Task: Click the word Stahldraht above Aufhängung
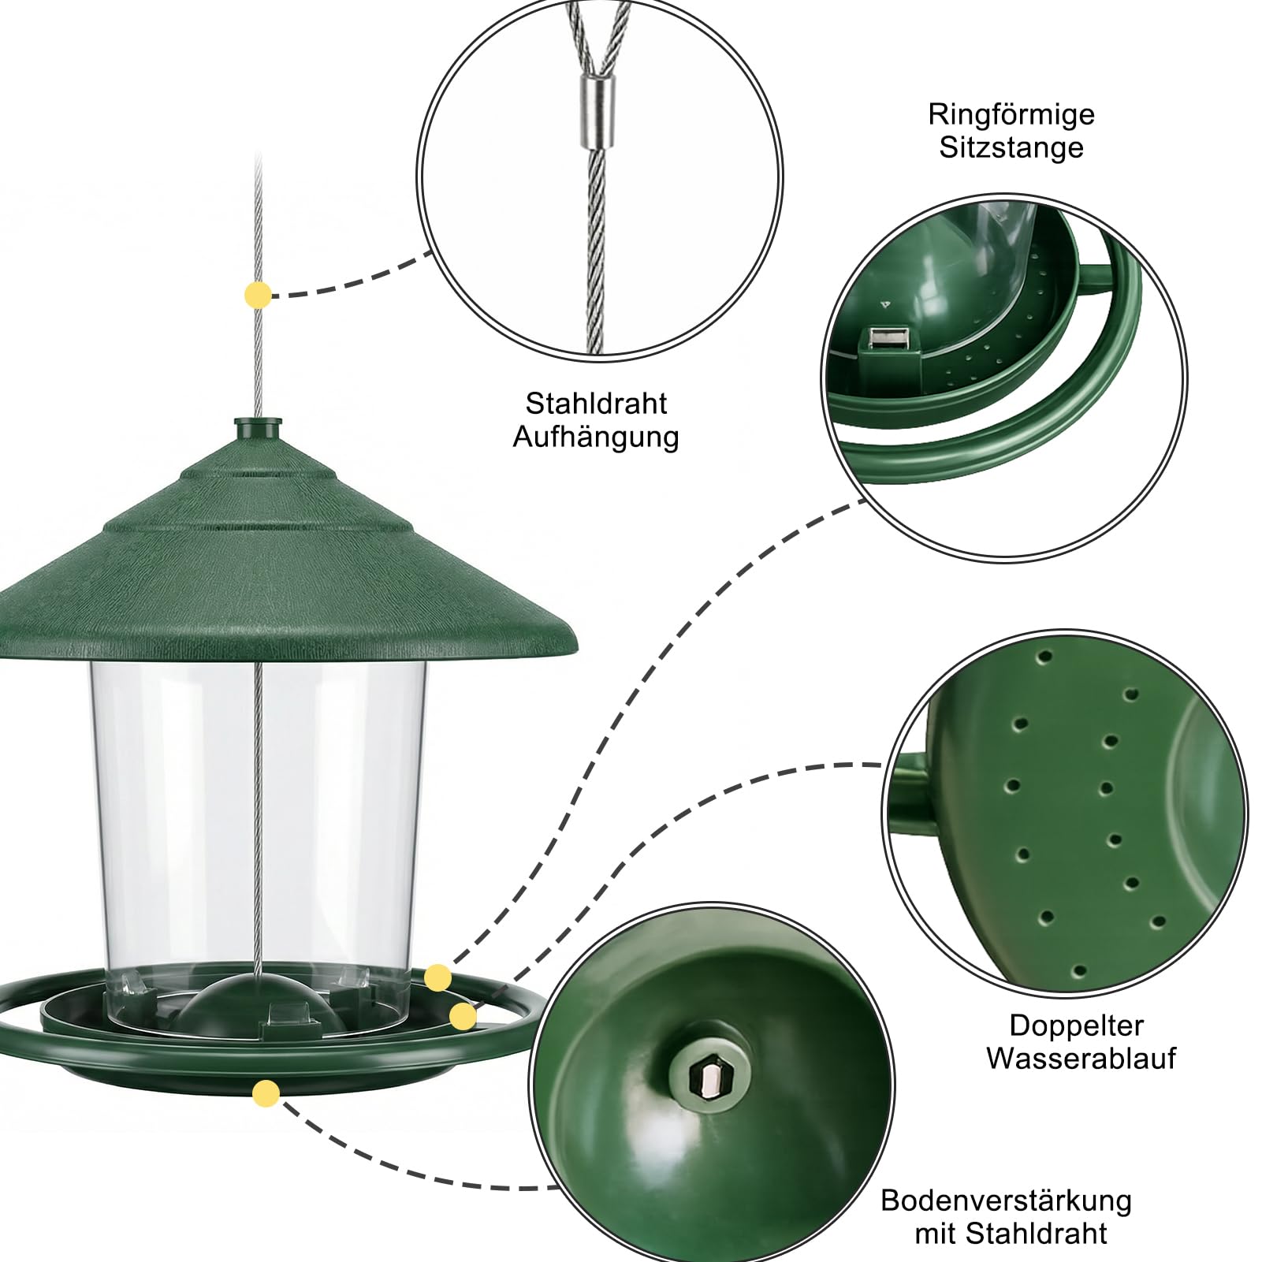click(596, 404)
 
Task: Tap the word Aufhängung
click(596, 437)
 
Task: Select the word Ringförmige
click(1011, 115)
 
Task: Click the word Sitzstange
click(1011, 148)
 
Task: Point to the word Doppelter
click(1076, 1025)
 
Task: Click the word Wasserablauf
click(1081, 1058)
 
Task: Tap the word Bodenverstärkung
click(1006, 1201)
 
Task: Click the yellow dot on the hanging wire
click(258, 296)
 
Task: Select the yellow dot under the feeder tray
click(266, 1094)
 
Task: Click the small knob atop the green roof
click(258, 430)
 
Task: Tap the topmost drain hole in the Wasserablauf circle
click(1046, 656)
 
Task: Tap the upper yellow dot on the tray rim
click(437, 978)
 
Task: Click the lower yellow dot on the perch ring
click(463, 1017)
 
